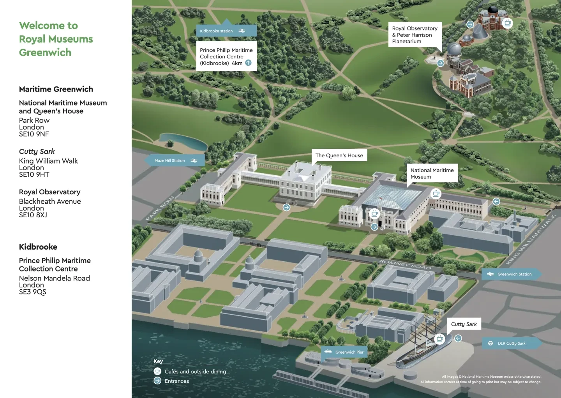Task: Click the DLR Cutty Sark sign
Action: tap(511, 343)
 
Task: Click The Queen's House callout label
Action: tap(339, 155)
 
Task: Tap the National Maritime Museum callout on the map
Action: tap(432, 173)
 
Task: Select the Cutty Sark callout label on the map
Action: tap(464, 324)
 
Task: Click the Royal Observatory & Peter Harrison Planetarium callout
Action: tap(415, 35)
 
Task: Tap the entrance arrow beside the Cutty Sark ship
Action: tap(458, 338)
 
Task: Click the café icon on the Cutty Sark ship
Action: tap(440, 339)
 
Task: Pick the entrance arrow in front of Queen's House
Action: tap(286, 207)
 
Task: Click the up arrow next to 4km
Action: tap(248, 63)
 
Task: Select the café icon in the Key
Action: tap(157, 371)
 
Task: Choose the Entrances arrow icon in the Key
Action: tap(157, 380)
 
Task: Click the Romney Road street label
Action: tap(405, 265)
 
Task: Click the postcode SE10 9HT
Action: tap(34, 174)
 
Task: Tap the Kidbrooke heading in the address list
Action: tap(38, 247)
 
